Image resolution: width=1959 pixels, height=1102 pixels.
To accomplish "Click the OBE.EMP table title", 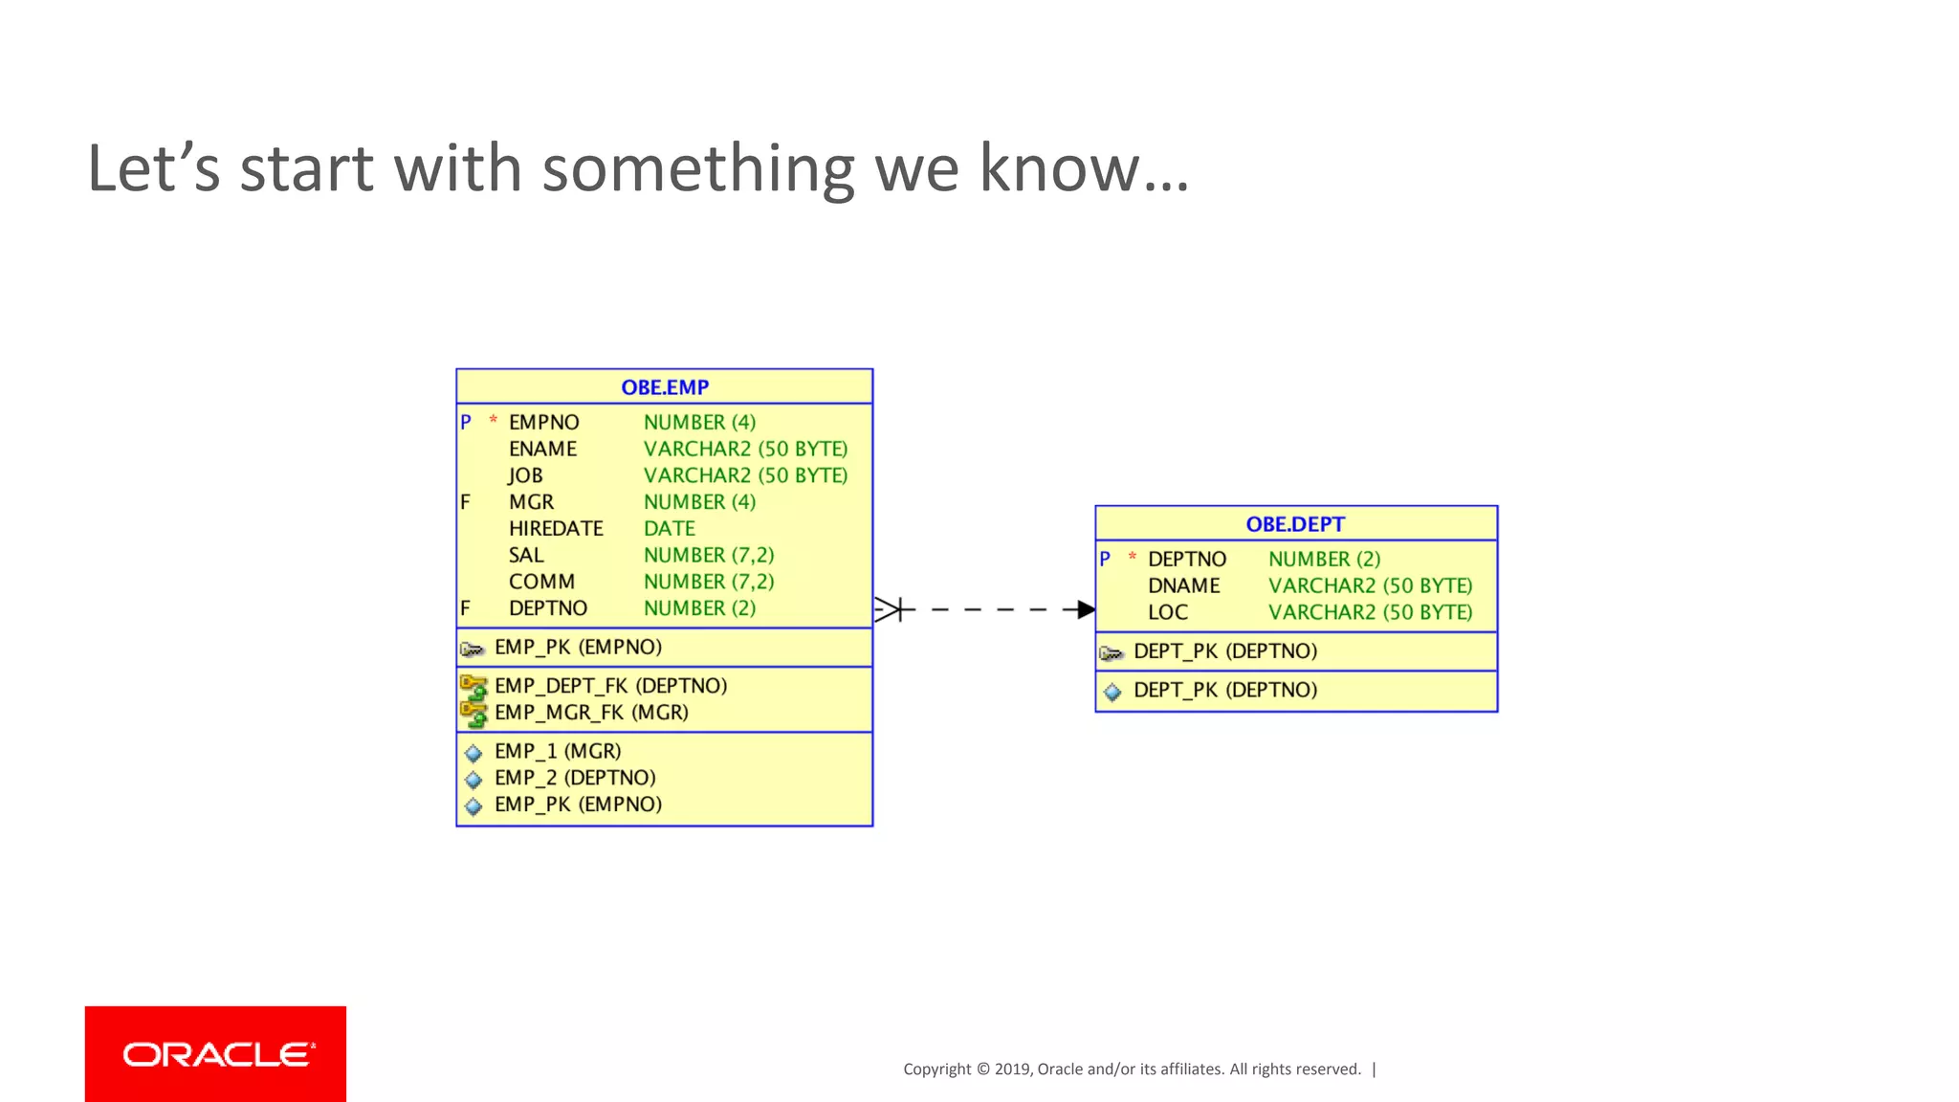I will [665, 387].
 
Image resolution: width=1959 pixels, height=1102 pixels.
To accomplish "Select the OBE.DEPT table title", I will [1295, 524].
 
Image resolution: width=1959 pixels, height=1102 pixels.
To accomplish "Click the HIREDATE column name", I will [556, 528].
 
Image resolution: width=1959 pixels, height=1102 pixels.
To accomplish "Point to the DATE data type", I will [669, 528].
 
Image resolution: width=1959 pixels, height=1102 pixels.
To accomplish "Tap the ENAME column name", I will [542, 449].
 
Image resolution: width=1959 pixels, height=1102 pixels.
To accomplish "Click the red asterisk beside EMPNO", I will [493, 420].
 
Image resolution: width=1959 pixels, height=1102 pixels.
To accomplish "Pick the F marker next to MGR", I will [465, 501].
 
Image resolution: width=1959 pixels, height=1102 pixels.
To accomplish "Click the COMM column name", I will [541, 582].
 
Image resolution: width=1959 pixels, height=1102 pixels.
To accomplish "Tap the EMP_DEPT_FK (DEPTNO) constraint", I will [610, 686].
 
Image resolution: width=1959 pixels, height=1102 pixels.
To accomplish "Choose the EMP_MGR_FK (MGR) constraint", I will [591, 713].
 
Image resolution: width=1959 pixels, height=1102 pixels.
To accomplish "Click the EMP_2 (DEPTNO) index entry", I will [575, 778].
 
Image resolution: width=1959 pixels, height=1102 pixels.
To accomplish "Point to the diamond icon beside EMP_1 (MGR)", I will [473, 753].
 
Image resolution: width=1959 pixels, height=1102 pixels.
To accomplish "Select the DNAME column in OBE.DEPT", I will [1183, 585].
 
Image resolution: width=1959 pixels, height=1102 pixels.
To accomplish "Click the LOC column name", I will [1167, 612].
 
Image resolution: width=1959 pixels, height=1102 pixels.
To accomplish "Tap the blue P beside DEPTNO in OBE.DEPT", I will [1105, 559].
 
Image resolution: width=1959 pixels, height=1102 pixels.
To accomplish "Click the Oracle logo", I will [216, 1054].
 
